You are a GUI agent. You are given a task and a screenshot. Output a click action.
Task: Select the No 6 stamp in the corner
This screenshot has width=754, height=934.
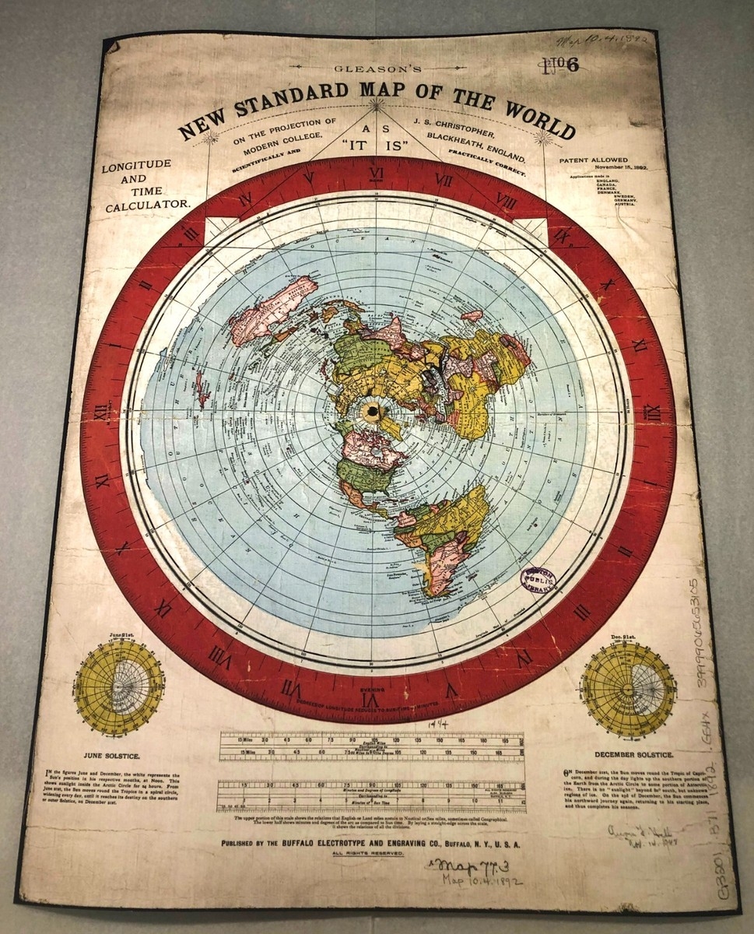pyautogui.click(x=563, y=65)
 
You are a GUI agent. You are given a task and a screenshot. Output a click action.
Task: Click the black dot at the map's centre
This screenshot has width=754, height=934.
pyautogui.click(x=372, y=410)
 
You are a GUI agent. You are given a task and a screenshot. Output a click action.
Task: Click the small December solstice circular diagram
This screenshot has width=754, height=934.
pyautogui.click(x=629, y=687)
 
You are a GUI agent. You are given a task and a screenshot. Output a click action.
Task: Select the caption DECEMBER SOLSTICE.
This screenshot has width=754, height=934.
pyautogui.click(x=632, y=754)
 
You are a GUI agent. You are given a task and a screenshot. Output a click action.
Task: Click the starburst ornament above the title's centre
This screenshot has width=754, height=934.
pyautogui.click(x=377, y=102)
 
